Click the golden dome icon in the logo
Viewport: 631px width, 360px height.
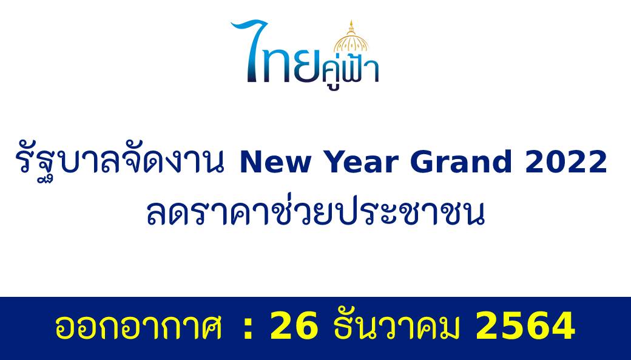(x=351, y=38)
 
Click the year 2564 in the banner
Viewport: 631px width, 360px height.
(x=525, y=326)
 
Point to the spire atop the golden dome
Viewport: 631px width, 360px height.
(x=351, y=25)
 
